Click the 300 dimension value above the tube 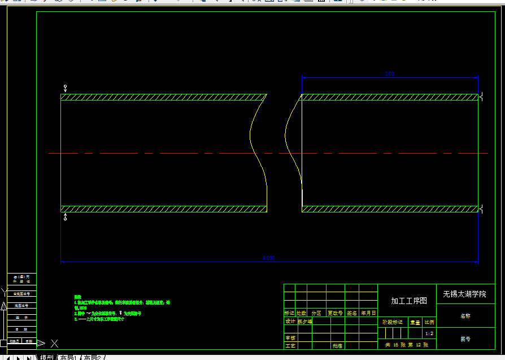pyautogui.click(x=389, y=74)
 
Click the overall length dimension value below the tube pyautogui.click(x=268, y=258)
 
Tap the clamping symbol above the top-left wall pyautogui.click(x=66, y=88)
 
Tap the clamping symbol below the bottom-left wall pyautogui.click(x=66, y=217)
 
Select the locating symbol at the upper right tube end pyautogui.click(x=480, y=97)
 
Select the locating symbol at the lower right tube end pyautogui.click(x=480, y=209)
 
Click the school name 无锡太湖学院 pyautogui.click(x=464, y=294)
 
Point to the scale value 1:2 pyautogui.click(x=429, y=334)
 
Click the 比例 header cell pyautogui.click(x=429, y=322)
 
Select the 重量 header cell pyautogui.click(x=415, y=322)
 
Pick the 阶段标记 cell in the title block pyautogui.click(x=393, y=322)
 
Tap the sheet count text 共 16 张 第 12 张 pyautogui.click(x=407, y=344)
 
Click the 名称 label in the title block pyautogui.click(x=465, y=316)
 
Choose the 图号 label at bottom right pyautogui.click(x=465, y=339)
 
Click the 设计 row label pyautogui.click(x=290, y=321)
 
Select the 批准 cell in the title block pyautogui.click(x=337, y=345)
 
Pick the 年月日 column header pyautogui.click(x=369, y=313)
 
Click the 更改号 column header pyautogui.click(x=335, y=313)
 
